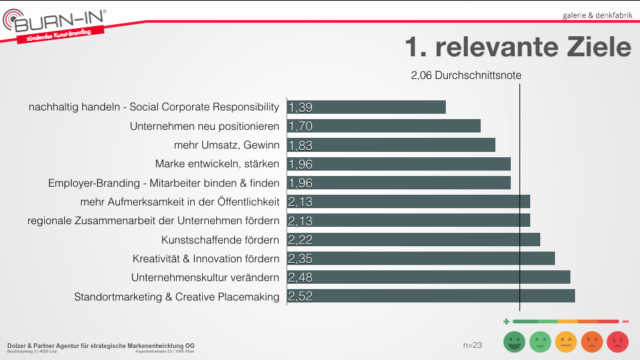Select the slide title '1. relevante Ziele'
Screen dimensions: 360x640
(x=517, y=47)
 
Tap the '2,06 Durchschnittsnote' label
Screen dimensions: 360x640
(x=466, y=76)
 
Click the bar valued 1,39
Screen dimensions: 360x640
(x=366, y=107)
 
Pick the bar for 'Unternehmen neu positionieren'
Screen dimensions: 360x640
(x=384, y=126)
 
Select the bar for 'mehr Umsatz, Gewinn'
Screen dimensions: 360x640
(x=391, y=145)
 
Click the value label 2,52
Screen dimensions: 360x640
(x=301, y=296)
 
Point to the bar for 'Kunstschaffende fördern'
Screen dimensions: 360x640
(x=414, y=240)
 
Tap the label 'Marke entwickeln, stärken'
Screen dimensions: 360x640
(x=217, y=164)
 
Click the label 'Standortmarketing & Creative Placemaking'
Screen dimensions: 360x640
(x=177, y=296)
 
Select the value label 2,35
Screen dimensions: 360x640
(x=301, y=259)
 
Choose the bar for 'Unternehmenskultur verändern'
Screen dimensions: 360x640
(x=428, y=277)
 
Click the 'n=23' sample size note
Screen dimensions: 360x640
(x=473, y=345)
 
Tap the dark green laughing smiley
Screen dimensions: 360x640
(x=515, y=343)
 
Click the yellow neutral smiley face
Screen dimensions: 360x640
(x=566, y=343)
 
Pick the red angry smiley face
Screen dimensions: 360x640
(x=617, y=343)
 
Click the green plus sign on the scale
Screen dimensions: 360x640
(x=506, y=322)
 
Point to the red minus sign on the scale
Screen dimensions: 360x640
(x=625, y=322)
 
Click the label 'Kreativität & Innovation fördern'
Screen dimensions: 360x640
(x=206, y=259)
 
